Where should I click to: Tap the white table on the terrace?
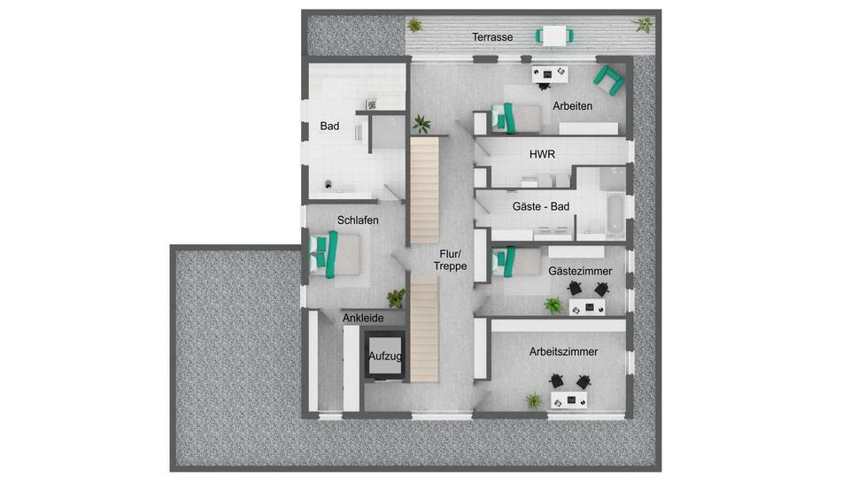(555, 35)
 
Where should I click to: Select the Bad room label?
(329, 127)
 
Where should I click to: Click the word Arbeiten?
(572, 106)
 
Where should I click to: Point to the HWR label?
(542, 154)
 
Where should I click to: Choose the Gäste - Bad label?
(541, 207)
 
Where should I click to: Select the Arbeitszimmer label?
(563, 351)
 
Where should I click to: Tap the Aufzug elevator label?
(386, 356)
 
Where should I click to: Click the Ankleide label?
(363, 317)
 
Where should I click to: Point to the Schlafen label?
(358, 220)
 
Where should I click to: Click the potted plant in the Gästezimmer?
(553, 306)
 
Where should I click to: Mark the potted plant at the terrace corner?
(642, 25)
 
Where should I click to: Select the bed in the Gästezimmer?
(516, 261)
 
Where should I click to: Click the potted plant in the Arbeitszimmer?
(534, 400)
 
